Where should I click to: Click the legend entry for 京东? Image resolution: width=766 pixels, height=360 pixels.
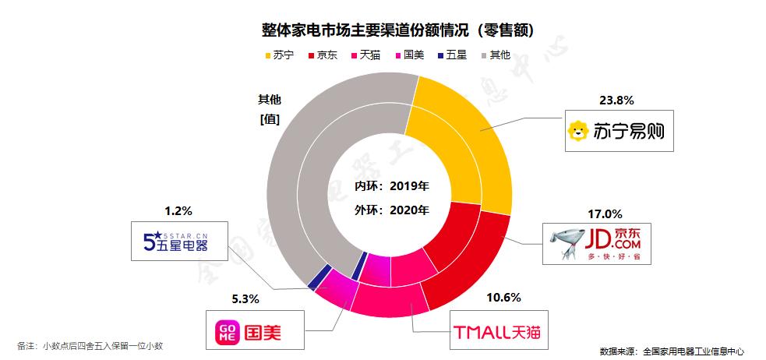point(323,56)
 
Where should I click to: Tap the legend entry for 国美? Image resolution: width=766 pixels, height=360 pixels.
point(410,56)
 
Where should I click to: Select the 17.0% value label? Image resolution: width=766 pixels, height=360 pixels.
point(605,213)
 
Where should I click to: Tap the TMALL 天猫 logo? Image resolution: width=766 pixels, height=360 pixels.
point(496,334)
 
